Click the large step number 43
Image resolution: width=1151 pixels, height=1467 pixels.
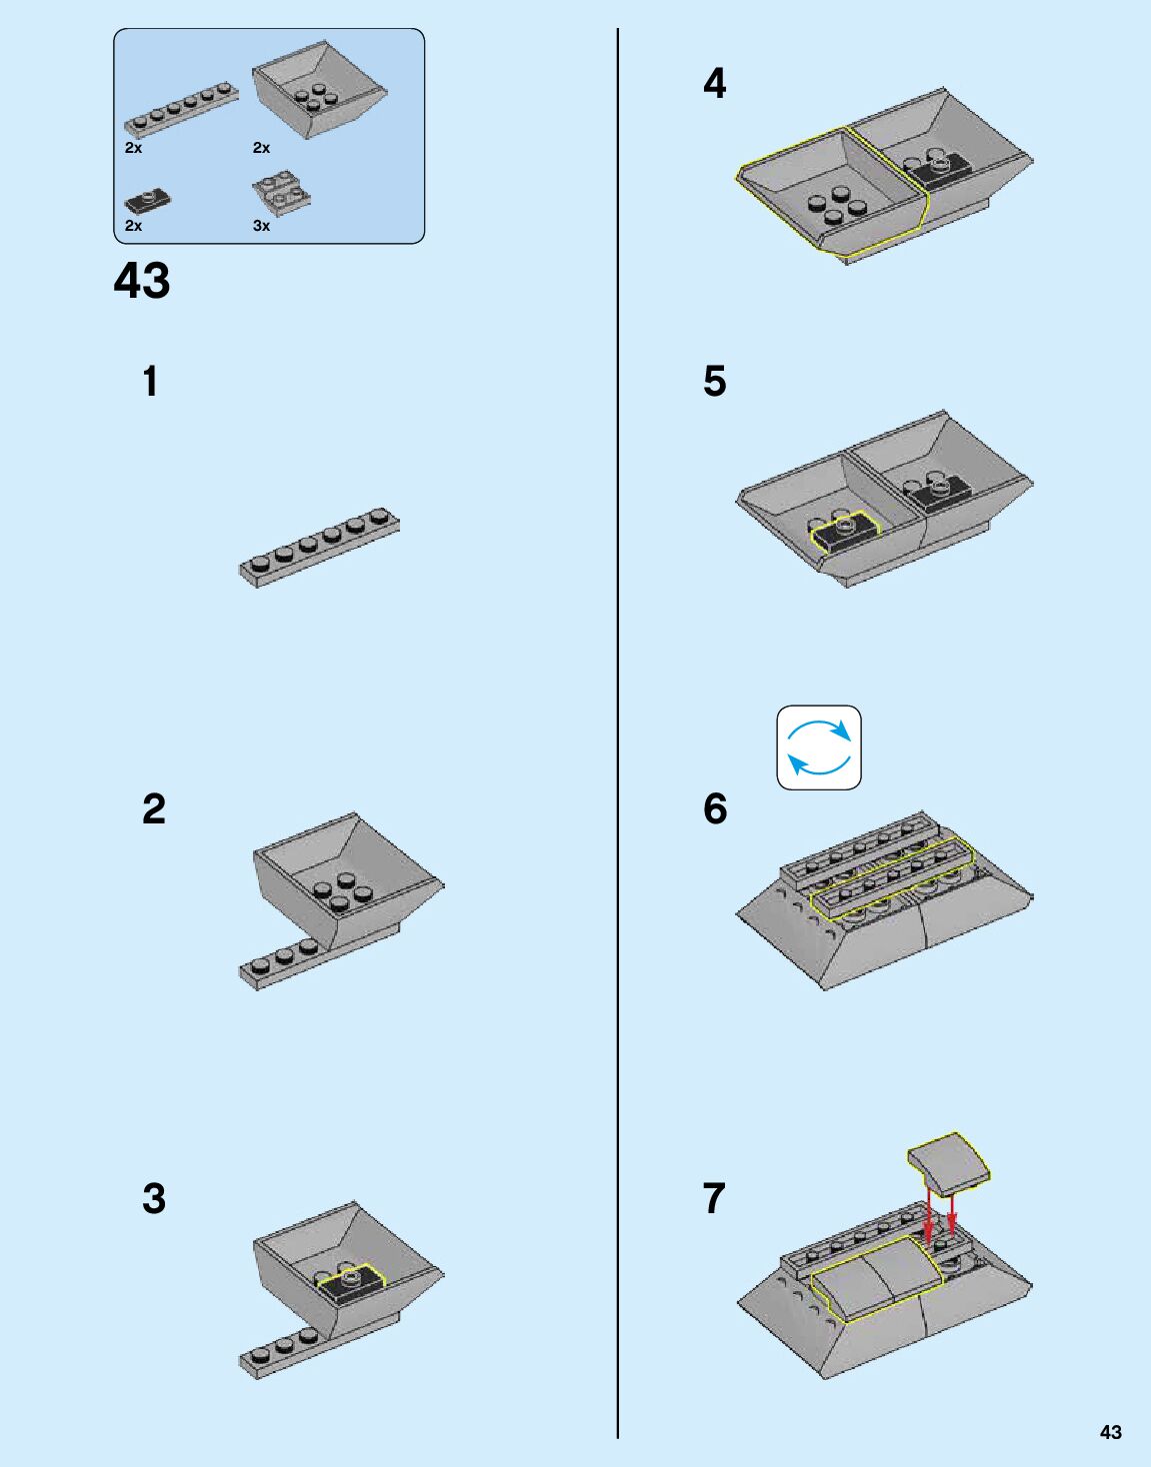[142, 281]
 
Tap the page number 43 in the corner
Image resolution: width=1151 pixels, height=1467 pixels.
[1110, 1432]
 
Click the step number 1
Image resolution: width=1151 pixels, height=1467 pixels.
[150, 381]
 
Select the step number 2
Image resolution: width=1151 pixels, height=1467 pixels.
[153, 808]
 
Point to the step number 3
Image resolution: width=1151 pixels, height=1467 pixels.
[153, 1198]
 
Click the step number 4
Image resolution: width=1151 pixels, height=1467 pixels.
[714, 83]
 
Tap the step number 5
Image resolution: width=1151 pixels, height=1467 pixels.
[714, 381]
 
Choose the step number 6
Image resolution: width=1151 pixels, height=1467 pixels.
[715, 808]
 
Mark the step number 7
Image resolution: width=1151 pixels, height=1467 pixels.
[714, 1198]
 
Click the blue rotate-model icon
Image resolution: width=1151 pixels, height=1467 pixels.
[819, 747]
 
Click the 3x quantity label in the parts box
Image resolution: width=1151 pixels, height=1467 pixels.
[261, 226]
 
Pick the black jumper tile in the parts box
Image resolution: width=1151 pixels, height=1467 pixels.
[147, 200]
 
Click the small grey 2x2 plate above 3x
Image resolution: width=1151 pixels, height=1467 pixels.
[281, 194]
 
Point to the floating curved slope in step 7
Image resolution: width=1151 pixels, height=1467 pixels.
[949, 1161]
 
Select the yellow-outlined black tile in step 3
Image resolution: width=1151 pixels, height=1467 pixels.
[351, 1280]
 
